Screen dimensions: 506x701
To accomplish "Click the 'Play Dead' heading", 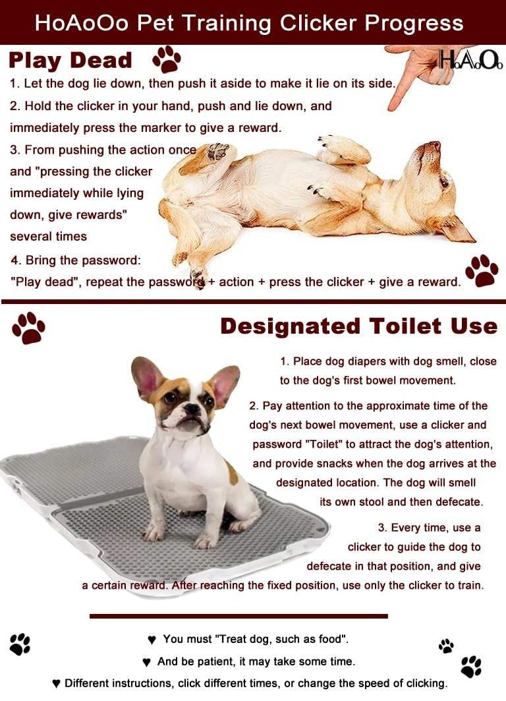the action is (70, 61).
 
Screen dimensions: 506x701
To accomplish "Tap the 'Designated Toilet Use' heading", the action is (358, 326).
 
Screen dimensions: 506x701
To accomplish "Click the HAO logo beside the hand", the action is (470, 60).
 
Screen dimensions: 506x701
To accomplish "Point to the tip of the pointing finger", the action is (392, 107).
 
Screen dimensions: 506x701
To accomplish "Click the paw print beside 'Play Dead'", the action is (167, 59).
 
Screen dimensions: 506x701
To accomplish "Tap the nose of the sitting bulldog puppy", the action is (192, 408).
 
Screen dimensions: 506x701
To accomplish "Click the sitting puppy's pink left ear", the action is (144, 376).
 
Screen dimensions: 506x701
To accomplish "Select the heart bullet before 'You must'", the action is (152, 640).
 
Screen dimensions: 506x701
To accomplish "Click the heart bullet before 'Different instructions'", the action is (56, 684).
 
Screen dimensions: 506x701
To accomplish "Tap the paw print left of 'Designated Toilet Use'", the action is (28, 328).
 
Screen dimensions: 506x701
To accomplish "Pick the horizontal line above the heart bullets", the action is (239, 616).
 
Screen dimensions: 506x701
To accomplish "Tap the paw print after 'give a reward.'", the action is (482, 270).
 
